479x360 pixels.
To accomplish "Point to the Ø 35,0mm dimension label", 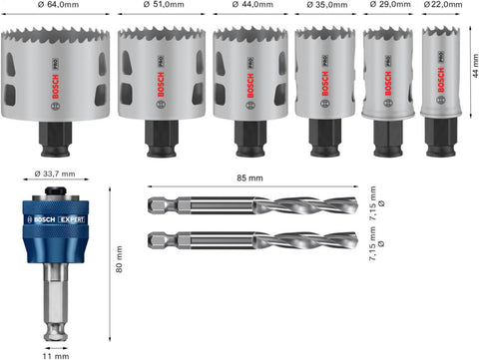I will [325, 7].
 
